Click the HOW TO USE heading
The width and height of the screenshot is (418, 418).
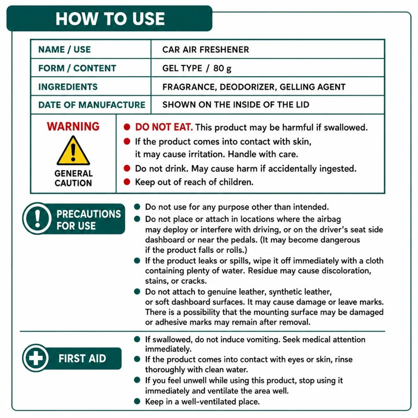tap(110, 19)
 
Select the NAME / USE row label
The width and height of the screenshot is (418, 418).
tap(64, 50)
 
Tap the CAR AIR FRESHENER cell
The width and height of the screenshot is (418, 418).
tap(205, 50)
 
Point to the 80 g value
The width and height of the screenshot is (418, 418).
tap(222, 68)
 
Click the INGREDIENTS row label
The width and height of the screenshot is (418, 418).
tap(68, 87)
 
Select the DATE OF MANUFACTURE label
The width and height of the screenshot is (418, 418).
tap(92, 105)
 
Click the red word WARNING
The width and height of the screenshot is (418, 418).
tap(73, 126)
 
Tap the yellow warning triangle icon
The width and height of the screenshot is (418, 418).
tap(73, 150)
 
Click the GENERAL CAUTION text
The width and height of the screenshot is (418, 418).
tap(73, 178)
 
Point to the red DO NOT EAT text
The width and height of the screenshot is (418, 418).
tap(164, 127)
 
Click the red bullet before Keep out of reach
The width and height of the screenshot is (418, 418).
tap(127, 182)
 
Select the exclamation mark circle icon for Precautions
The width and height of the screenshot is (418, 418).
tap(38, 218)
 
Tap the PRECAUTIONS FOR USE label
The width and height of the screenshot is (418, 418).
tap(88, 220)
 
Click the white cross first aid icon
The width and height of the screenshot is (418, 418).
tap(36, 358)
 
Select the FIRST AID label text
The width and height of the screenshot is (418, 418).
tap(82, 358)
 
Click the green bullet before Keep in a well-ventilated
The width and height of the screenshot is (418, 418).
tap(137, 401)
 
